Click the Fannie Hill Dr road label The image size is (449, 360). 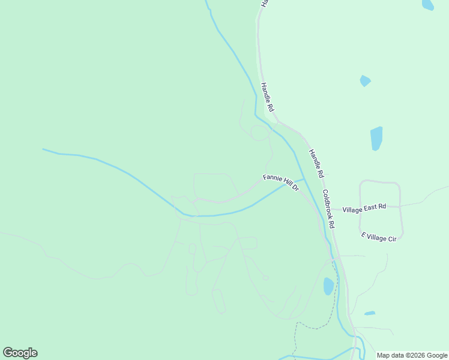point(280,182)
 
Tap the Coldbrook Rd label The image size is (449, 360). point(328,208)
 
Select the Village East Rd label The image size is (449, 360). point(364,208)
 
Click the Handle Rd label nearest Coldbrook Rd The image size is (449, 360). point(316,163)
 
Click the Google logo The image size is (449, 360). point(20,353)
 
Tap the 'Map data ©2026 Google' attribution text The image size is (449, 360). point(412,355)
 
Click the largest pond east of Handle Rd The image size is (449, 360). point(376,138)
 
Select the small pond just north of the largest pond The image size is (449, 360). point(365,80)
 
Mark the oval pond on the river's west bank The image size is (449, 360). point(328,286)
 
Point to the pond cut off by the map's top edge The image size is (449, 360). point(428,4)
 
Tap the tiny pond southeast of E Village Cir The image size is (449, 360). point(370,313)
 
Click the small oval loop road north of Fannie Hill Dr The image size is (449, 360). point(260,133)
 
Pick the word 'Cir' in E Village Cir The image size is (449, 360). point(392,239)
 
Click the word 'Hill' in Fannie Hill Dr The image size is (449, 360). point(284,184)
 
